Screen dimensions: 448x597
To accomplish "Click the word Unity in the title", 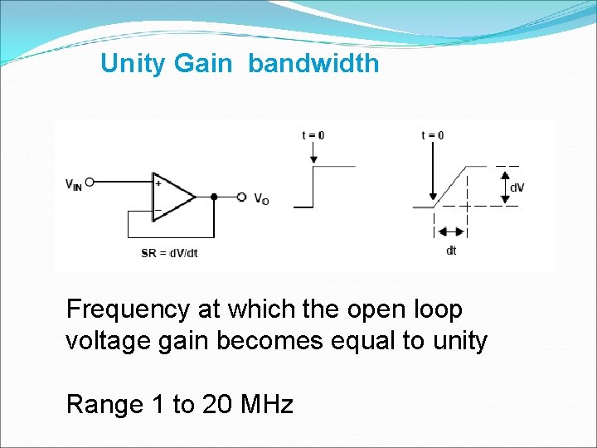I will coord(133,64).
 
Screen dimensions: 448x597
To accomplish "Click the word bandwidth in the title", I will coord(313,64).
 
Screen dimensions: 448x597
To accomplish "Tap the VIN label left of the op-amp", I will coord(74,184).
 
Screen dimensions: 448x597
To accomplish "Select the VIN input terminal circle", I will coord(90,182).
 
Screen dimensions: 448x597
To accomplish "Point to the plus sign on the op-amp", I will coord(158,183).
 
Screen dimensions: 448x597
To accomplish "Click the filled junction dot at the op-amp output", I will coord(214,197).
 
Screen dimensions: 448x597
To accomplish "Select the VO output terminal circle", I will coord(241,197).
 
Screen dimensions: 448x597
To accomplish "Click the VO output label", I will coord(260,199).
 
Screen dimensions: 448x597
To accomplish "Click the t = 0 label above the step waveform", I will coord(313,135).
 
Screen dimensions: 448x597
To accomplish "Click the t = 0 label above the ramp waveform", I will coord(432,135).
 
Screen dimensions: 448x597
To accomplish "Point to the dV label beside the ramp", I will coord(516,187).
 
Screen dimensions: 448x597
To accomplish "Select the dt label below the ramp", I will coord(451,250).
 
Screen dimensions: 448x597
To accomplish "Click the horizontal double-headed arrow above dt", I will coord(450,231).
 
